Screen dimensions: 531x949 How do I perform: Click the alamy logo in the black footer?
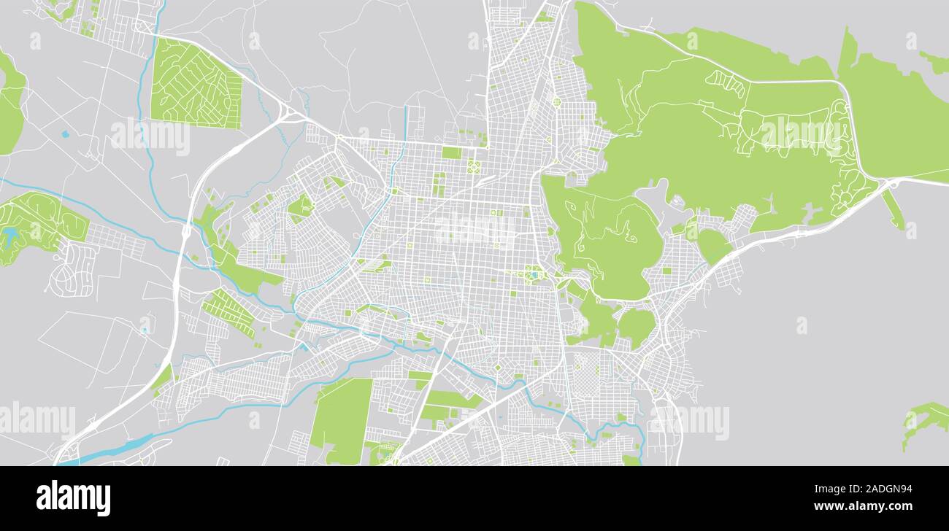73,498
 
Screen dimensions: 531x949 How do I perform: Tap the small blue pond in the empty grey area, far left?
65,134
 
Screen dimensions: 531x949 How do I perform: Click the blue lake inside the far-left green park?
11,236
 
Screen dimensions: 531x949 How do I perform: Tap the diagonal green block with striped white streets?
228,312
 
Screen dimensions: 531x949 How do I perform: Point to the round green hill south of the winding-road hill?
636,326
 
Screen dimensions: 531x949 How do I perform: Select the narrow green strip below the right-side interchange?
893,209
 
